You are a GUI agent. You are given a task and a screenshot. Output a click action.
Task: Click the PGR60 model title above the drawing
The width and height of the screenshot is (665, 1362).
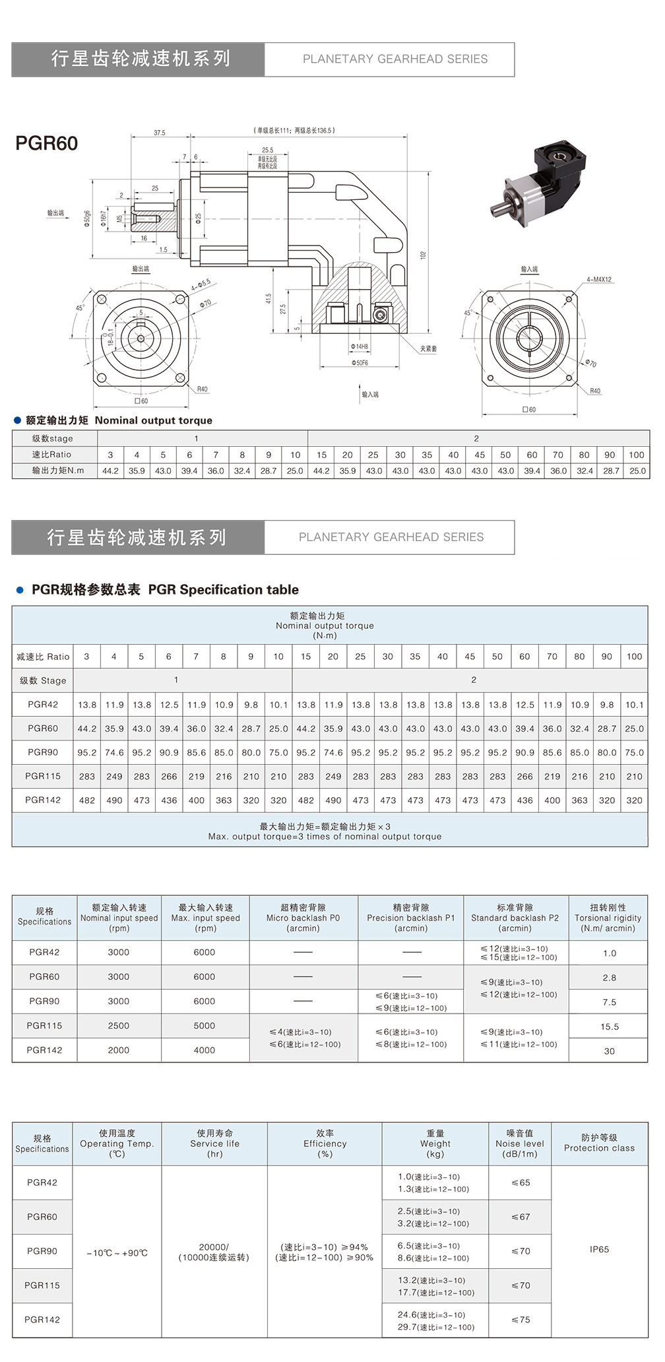point(46,143)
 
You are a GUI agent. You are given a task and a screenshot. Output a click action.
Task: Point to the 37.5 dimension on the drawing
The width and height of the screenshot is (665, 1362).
point(160,133)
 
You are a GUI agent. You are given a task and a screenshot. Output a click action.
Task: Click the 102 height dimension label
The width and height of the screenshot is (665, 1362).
point(424,255)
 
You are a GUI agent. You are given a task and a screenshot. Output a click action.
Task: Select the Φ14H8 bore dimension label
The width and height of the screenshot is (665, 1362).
point(360,346)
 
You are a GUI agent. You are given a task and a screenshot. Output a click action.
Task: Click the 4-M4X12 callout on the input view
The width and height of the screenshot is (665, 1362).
point(599,280)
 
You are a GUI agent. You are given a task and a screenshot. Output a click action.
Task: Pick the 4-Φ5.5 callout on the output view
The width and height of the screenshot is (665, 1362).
point(201,284)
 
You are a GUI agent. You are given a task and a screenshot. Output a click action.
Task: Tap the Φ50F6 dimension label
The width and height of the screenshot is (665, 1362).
point(360,363)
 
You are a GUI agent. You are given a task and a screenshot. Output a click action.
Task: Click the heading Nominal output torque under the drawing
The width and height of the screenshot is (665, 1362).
point(154,420)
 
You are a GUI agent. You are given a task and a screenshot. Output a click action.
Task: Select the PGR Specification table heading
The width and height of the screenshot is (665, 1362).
point(223,589)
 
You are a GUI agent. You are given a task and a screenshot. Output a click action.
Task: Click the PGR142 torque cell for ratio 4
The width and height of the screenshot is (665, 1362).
point(114,800)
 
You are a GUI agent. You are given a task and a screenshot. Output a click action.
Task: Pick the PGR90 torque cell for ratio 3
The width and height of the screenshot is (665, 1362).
point(86,752)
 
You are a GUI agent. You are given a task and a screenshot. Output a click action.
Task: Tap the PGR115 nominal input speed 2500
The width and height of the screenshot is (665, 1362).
point(119,1025)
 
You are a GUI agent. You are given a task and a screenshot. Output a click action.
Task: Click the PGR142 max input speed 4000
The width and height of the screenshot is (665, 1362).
point(205,1050)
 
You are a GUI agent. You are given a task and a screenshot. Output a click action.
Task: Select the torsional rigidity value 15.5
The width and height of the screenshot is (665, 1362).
point(610,1027)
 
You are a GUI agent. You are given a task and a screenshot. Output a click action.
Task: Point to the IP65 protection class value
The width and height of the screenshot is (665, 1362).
point(599,1249)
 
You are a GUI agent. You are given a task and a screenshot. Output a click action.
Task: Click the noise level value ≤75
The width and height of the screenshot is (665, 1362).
point(521,1319)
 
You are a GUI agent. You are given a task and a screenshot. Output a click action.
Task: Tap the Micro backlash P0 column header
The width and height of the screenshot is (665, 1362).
point(303,917)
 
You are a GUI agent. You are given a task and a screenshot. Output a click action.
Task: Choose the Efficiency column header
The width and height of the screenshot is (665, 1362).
point(325,1143)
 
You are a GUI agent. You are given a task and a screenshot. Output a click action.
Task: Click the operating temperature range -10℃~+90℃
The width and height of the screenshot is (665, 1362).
point(117,1252)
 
